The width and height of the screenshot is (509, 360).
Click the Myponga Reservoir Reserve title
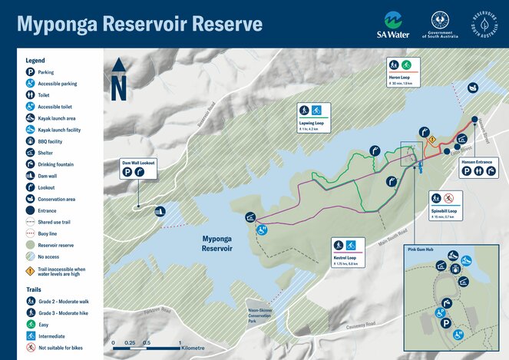pos(140,24)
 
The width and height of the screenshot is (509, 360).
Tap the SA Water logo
pos(393,25)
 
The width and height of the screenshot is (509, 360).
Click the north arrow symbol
pos(118,79)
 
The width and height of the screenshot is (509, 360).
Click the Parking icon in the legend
pos(29,71)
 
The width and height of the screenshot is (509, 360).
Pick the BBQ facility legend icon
pos(29,141)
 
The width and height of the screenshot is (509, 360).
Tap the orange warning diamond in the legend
pos(29,270)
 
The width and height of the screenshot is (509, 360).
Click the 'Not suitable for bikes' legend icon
pos(29,347)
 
